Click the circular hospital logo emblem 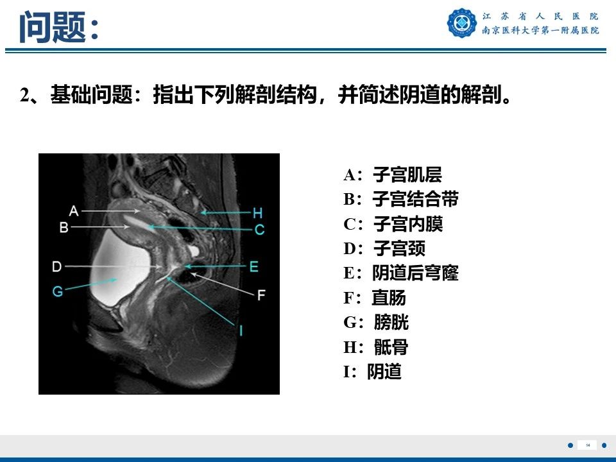click(x=462, y=23)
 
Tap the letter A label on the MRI click(x=73, y=210)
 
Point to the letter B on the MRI click(x=64, y=227)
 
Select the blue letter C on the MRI click(x=259, y=229)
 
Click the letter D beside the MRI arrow click(x=57, y=266)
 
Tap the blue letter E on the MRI click(x=253, y=266)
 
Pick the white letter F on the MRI click(x=261, y=295)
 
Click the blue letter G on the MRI click(x=58, y=291)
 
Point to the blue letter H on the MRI click(x=257, y=212)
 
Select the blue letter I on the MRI click(x=241, y=330)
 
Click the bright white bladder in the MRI click(x=125, y=269)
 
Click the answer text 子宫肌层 click(x=407, y=175)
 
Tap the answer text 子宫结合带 click(x=415, y=200)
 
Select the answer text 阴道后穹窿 click(x=415, y=273)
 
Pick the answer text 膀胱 click(x=391, y=322)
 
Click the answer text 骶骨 click(x=391, y=347)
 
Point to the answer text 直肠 click(x=389, y=298)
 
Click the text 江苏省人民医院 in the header click(x=540, y=17)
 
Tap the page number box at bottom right click(x=587, y=445)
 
